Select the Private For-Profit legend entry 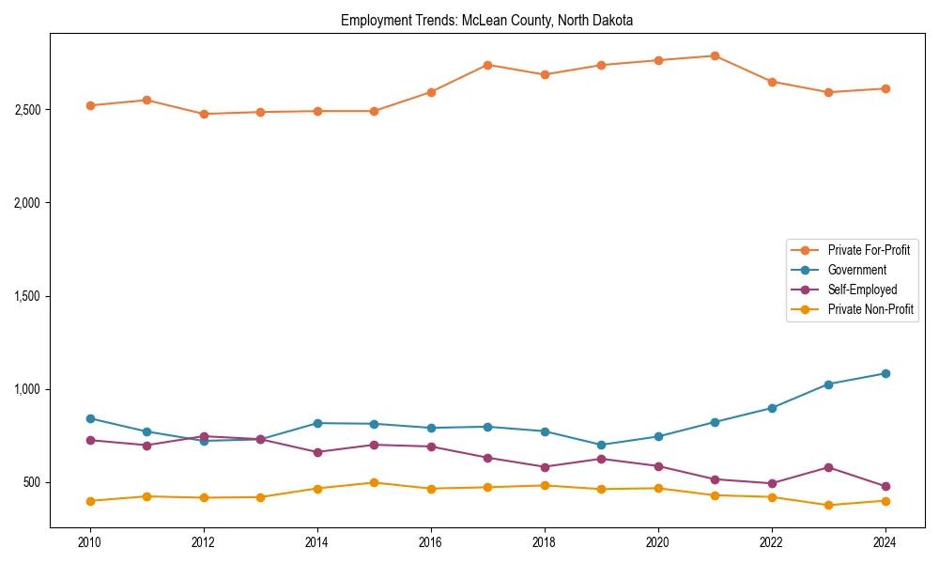pyautogui.click(x=869, y=250)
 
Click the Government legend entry pyautogui.click(x=856, y=270)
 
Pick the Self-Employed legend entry pyautogui.click(x=862, y=290)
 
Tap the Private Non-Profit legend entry pyautogui.click(x=870, y=309)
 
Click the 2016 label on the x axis pyautogui.click(x=430, y=542)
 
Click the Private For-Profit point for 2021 pyautogui.click(x=715, y=56)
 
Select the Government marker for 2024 pyautogui.click(x=885, y=373)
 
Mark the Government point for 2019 pyautogui.click(x=601, y=445)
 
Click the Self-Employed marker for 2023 pyautogui.click(x=828, y=467)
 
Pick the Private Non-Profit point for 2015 pyautogui.click(x=374, y=482)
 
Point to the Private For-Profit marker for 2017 pyautogui.click(x=487, y=65)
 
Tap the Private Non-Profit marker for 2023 pyautogui.click(x=828, y=505)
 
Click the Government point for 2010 pyautogui.click(x=90, y=418)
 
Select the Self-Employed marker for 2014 pyautogui.click(x=317, y=452)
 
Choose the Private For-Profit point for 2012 pyautogui.click(x=204, y=114)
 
